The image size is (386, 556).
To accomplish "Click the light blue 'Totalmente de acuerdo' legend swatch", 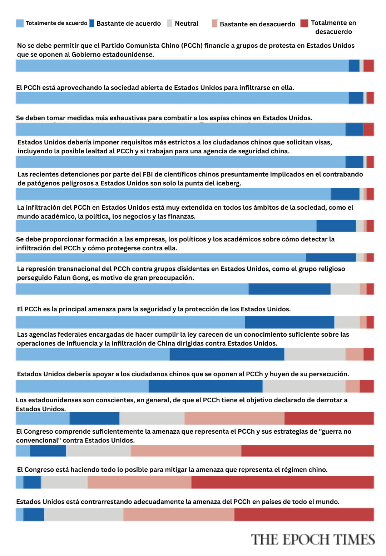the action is pyautogui.click(x=20, y=23).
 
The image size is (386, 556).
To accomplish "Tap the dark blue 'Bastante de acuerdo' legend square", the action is pyautogui.click(x=91, y=23).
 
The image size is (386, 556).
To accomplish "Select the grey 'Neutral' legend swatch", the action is pyautogui.click(x=170, y=23).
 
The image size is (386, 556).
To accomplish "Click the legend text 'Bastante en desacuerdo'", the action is pyautogui.click(x=257, y=24).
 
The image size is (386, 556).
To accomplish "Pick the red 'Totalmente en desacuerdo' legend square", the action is pyautogui.click(x=304, y=23).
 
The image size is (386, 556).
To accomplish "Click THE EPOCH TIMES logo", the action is pyautogui.click(x=313, y=539).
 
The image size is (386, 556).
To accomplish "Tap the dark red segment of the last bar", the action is pyautogui.click(x=304, y=514).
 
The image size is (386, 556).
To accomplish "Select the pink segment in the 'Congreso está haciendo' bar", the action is pyautogui.click(x=139, y=482).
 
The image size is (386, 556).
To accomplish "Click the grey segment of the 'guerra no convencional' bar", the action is pyautogui.click(x=98, y=451).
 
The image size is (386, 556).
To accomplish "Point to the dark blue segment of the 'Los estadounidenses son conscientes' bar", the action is pyautogui.click(x=94, y=418).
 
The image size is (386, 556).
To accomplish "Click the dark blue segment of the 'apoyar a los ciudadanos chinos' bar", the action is pyautogui.click(x=206, y=386).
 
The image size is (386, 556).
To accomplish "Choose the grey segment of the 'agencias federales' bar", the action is pyautogui.click(x=315, y=354).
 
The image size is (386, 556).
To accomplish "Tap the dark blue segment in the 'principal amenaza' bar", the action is pyautogui.click(x=289, y=322).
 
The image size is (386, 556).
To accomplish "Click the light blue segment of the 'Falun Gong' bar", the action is pyautogui.click(x=132, y=289).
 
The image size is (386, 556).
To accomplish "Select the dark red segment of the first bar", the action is pyautogui.click(x=368, y=66).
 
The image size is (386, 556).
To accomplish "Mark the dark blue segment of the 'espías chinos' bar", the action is pyautogui.click(x=355, y=129).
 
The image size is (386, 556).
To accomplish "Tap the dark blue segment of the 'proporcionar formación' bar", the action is pyautogui.click(x=331, y=257).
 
